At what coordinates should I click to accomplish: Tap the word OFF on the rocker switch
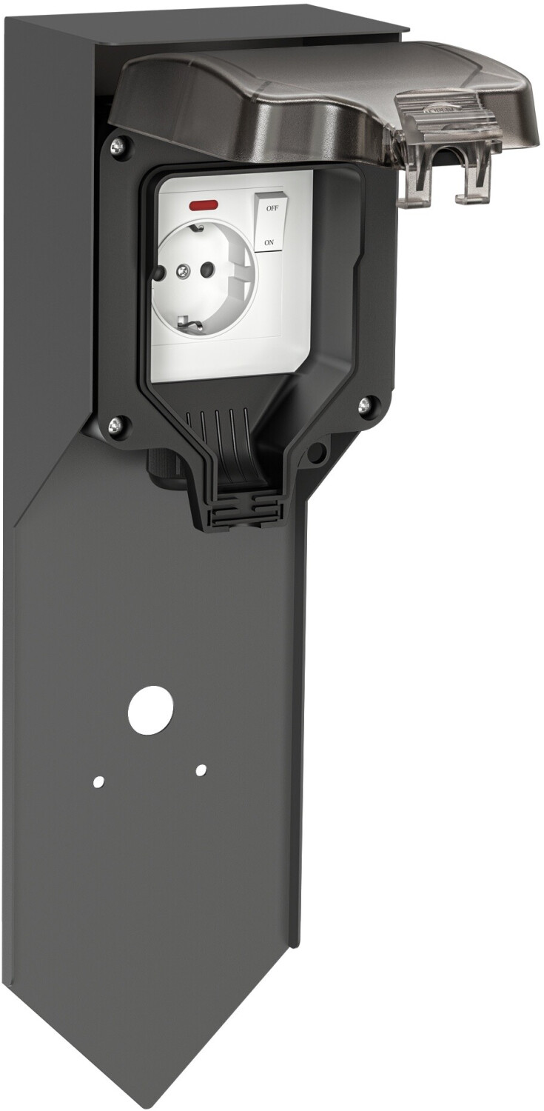[x=272, y=208]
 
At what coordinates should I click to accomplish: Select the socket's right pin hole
[x=208, y=270]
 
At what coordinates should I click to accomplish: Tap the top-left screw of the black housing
[x=117, y=147]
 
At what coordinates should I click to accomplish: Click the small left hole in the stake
[x=98, y=781]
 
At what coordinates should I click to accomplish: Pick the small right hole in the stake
[x=201, y=770]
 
